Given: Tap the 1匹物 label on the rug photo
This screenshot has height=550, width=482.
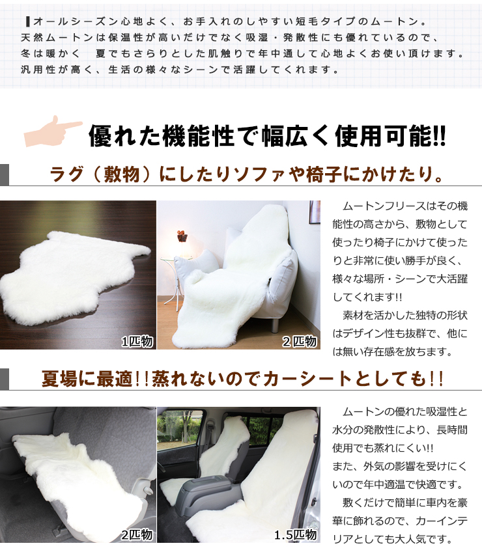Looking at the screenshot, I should (x=137, y=341).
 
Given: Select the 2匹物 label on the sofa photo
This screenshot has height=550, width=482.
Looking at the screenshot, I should (x=299, y=341).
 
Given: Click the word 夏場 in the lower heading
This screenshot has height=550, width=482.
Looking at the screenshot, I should (x=59, y=379).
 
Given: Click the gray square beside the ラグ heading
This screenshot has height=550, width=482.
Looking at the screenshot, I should (x=5, y=175).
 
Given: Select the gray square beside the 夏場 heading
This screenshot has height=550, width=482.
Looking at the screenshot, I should (x=5, y=379).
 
